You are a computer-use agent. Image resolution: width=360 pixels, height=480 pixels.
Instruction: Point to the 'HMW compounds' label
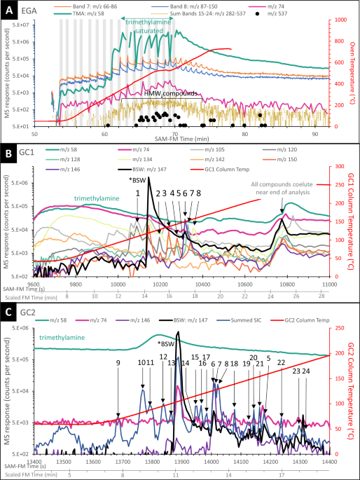point(169,92)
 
